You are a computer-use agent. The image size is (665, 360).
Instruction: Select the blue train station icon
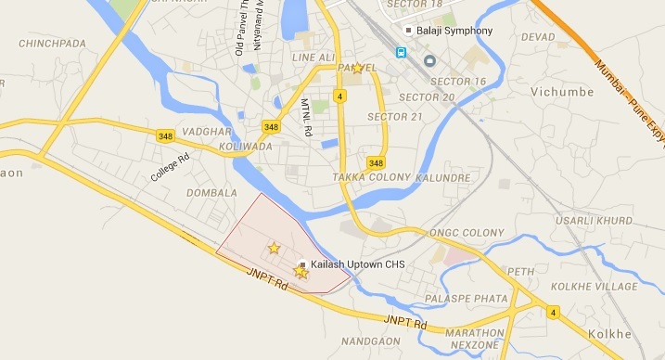402,53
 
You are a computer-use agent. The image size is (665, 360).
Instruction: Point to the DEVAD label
538,36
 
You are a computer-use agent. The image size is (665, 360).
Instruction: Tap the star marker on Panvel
358,68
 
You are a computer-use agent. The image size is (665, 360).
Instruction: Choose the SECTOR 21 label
394,116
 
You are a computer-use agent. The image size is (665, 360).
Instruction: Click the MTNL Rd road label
307,119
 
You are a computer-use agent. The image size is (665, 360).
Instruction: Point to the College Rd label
170,167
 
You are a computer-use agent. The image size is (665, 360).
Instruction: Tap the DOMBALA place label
212,192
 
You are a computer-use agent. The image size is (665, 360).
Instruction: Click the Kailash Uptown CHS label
358,265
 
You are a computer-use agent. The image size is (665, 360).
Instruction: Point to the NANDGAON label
371,341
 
